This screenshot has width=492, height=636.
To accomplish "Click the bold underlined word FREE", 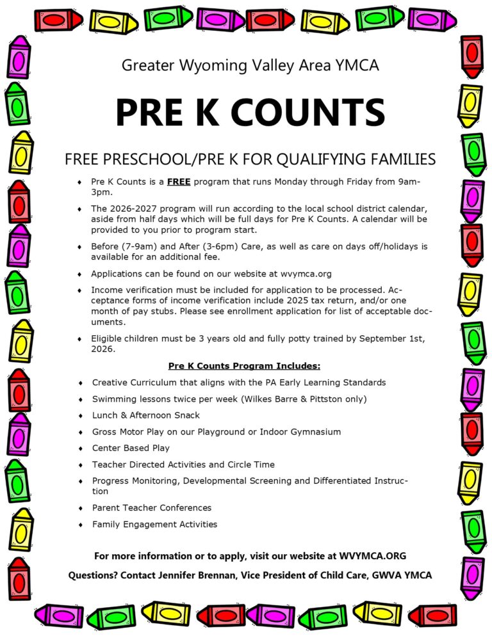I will (179, 182).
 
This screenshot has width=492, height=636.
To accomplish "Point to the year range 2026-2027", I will (135, 209).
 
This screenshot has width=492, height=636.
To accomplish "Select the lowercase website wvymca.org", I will (303, 274).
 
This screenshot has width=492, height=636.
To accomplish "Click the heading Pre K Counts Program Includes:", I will (244, 366).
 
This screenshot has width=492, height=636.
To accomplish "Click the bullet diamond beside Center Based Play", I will (81, 449).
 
